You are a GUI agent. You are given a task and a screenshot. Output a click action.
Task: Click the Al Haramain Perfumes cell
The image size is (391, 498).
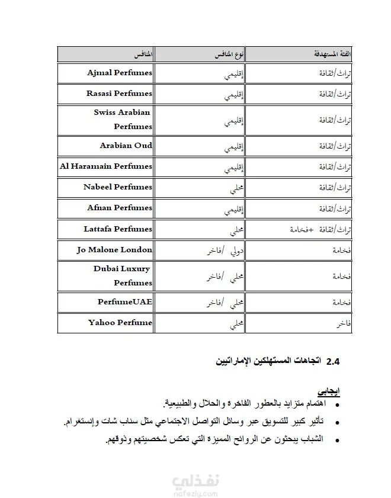pyautogui.click(x=106, y=166)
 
